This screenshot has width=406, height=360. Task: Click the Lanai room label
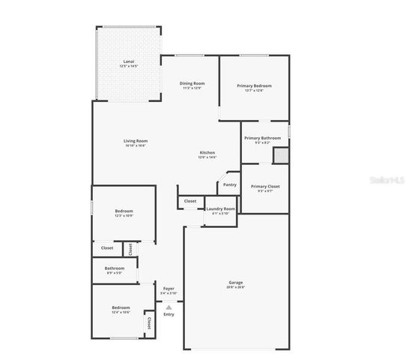pos(128,61)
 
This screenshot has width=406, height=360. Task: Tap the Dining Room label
pos(192,82)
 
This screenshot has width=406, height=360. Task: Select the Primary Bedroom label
pos(254,85)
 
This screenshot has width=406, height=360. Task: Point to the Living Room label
pos(136,140)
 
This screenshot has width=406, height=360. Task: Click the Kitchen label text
pos(207,152)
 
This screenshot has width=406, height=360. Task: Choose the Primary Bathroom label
pos(262,138)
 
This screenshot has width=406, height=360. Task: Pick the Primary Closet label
pos(264,186)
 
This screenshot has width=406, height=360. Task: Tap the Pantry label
pos(229,184)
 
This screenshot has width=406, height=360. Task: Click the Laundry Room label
pos(220,208)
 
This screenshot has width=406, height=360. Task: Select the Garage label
pos(235,282)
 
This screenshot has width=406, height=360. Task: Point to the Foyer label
pos(169,288)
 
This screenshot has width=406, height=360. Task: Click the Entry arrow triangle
pos(169,306)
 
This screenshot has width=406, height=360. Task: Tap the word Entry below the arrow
pos(169,313)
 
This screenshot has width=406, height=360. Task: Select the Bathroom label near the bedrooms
pos(115,268)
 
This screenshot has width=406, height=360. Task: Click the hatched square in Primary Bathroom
pos(280,155)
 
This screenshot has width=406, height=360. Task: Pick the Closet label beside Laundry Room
pos(190,201)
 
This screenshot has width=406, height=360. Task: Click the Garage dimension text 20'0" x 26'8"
pos(235,287)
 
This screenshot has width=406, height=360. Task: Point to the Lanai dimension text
pos(128,67)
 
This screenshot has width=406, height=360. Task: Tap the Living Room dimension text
pos(136,145)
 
